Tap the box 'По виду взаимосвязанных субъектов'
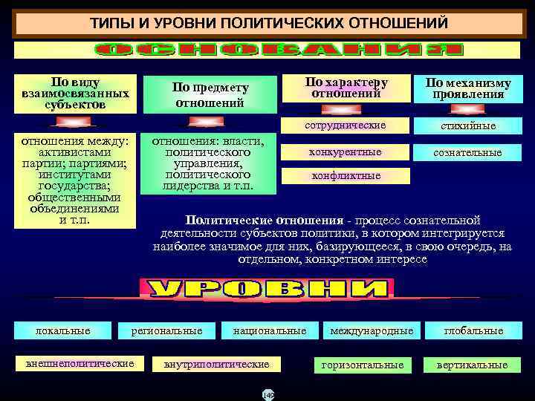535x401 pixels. [x=77, y=94]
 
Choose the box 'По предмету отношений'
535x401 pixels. [x=211, y=94]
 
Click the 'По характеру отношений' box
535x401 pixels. [x=346, y=88]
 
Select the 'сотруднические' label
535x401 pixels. [x=346, y=124]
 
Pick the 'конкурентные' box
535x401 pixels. [x=346, y=152]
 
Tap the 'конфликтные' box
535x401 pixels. [x=346, y=176]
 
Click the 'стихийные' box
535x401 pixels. [x=468, y=125]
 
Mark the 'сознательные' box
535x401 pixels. [x=468, y=153]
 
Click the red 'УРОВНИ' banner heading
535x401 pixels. [x=266, y=289]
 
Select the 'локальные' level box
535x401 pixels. [x=63, y=330]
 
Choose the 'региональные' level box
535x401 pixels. [x=166, y=330]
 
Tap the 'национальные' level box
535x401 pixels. [x=269, y=330]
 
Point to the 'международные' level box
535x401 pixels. [x=372, y=330]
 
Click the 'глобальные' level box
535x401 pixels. [x=473, y=330]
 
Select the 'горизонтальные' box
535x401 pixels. [x=363, y=365]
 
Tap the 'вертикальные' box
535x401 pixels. [x=473, y=365]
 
